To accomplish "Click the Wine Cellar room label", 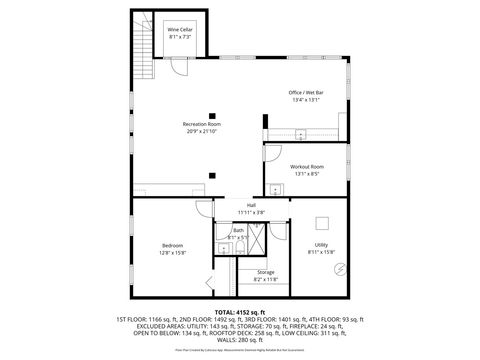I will tap(180, 31).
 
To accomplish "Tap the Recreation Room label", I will tap(200, 124).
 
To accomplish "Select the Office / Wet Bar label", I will tap(306, 93).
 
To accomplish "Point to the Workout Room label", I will tap(306, 166).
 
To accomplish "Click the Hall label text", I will tap(251, 205).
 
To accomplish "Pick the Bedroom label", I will tap(173, 245).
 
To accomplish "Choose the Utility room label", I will tap(322, 245).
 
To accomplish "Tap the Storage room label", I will tap(265, 272).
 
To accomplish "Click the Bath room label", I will tap(238, 230).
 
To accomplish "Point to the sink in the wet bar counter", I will tap(301, 133).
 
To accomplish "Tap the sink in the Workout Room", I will tap(273, 186).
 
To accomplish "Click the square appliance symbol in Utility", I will tap(323, 224).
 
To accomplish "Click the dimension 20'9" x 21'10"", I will tap(200, 131).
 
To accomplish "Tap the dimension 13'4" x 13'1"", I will tap(306, 100).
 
